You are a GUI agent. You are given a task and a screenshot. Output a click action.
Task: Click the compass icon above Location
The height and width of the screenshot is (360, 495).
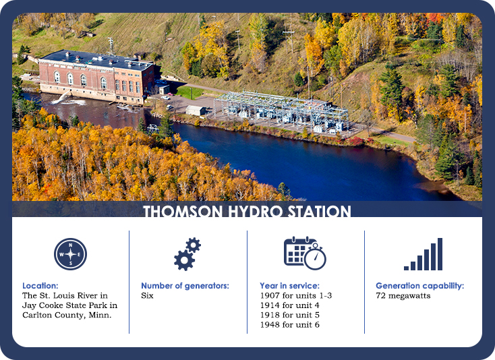(70, 254)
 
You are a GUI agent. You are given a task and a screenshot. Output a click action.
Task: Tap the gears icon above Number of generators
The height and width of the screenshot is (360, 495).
(187, 254)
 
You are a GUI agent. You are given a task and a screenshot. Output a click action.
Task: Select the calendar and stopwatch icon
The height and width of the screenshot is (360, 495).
(305, 253)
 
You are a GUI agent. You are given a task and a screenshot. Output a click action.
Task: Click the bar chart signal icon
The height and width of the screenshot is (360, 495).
(423, 254)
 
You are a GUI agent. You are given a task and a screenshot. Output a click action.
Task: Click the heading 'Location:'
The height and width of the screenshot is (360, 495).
(40, 286)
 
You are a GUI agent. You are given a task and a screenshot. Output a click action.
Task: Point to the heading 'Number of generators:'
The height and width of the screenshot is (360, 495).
(185, 286)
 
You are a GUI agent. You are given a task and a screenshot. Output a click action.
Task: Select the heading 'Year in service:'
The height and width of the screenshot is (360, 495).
(289, 286)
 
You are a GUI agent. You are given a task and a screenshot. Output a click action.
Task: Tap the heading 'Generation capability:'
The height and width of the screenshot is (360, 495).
(419, 286)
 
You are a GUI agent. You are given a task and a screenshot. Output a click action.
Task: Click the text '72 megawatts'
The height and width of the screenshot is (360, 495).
(403, 296)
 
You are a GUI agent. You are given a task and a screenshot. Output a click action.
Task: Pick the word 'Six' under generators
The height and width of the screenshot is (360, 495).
(147, 296)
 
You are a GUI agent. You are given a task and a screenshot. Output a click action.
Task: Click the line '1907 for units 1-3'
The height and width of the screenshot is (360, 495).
(295, 296)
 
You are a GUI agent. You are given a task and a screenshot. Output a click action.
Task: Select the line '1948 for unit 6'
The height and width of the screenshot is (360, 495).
(289, 325)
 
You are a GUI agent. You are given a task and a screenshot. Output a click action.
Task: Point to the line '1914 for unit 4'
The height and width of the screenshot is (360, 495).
(289, 305)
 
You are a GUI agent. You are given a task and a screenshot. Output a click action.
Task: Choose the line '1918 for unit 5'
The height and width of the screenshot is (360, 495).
(289, 316)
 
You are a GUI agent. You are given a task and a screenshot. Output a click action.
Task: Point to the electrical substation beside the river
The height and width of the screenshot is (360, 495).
(283, 109)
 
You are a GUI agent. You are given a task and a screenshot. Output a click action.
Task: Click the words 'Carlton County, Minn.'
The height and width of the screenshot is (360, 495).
(67, 316)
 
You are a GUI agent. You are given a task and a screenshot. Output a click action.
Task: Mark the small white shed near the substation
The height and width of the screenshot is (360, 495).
(196, 110)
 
